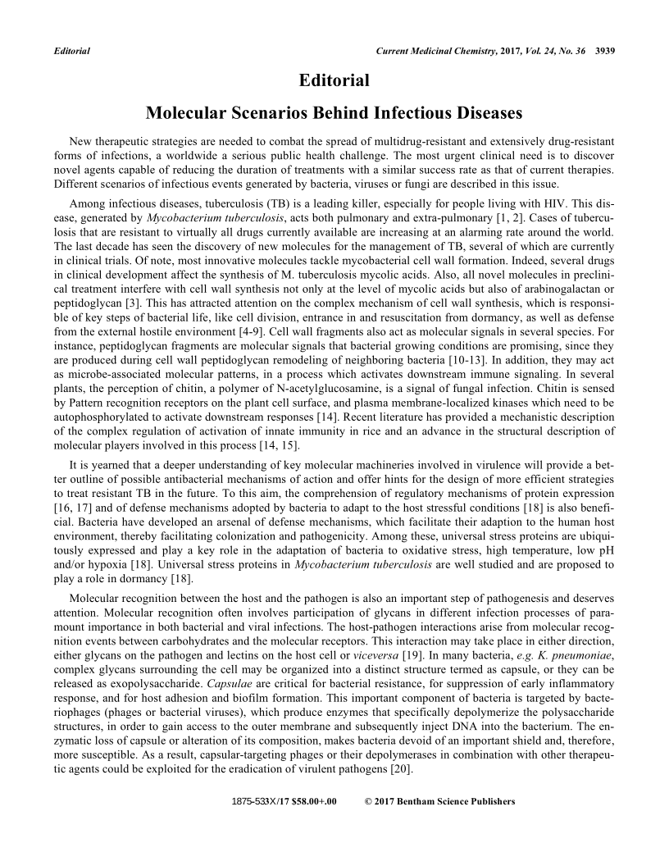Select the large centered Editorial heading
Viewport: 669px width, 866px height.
(x=334, y=80)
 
